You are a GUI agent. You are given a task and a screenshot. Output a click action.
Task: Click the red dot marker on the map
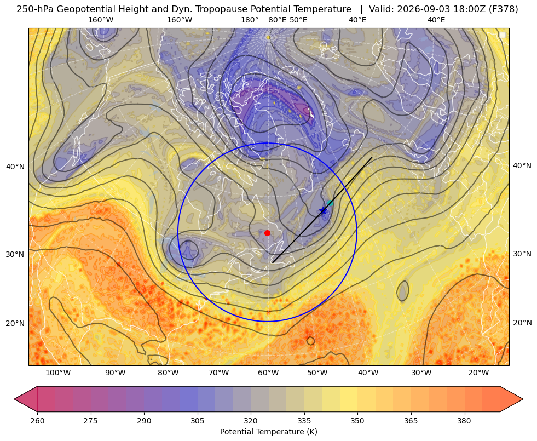[x=268, y=233]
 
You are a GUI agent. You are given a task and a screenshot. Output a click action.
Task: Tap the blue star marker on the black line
[x=323, y=210]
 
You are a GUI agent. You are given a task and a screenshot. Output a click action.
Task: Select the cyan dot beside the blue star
[x=330, y=203]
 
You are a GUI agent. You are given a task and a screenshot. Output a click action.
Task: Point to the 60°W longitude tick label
[x=268, y=373]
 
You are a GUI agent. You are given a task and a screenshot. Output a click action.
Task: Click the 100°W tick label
[x=58, y=373]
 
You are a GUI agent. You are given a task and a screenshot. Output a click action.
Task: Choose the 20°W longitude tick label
[x=478, y=373]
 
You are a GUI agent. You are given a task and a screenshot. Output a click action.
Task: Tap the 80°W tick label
[x=168, y=373]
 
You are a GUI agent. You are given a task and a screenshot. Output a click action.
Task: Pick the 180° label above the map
[x=250, y=20]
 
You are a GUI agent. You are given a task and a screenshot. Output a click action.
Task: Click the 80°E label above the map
[x=278, y=20]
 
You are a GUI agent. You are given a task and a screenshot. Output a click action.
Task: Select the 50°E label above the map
[x=298, y=20]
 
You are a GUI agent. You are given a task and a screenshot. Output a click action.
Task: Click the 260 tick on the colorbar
[x=37, y=421]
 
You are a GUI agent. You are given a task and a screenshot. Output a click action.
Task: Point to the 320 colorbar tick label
[x=251, y=421]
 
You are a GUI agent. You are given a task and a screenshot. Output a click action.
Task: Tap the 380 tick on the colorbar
[x=464, y=421]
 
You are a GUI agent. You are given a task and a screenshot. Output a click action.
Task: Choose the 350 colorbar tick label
[x=357, y=421]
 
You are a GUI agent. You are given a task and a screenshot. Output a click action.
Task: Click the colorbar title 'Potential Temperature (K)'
[x=268, y=432]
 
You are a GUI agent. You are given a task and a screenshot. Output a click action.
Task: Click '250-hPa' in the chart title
[x=35, y=9]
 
